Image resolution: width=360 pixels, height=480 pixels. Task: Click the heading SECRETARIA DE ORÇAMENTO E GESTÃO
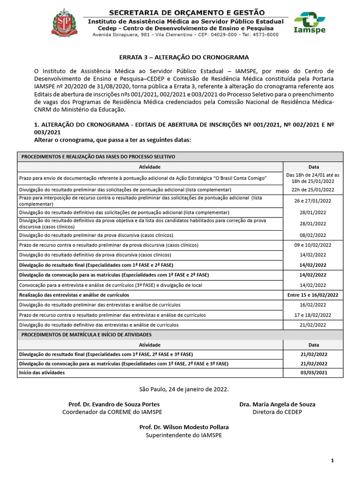pos(187,12)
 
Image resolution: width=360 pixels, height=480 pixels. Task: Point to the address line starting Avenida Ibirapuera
pos(186,35)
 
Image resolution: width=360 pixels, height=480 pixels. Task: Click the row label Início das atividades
pos(42,373)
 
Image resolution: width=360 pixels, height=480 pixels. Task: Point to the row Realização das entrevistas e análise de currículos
pos(74,295)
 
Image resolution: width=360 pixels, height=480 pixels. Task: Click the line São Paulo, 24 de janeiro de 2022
pos(184,389)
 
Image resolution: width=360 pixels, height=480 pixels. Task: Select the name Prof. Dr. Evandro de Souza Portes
pos(114,404)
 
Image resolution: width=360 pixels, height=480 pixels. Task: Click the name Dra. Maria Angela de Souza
pos(277,404)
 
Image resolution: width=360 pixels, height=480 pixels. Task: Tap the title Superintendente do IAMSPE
pos(184,435)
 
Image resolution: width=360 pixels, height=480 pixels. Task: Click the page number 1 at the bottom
pos(332,461)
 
